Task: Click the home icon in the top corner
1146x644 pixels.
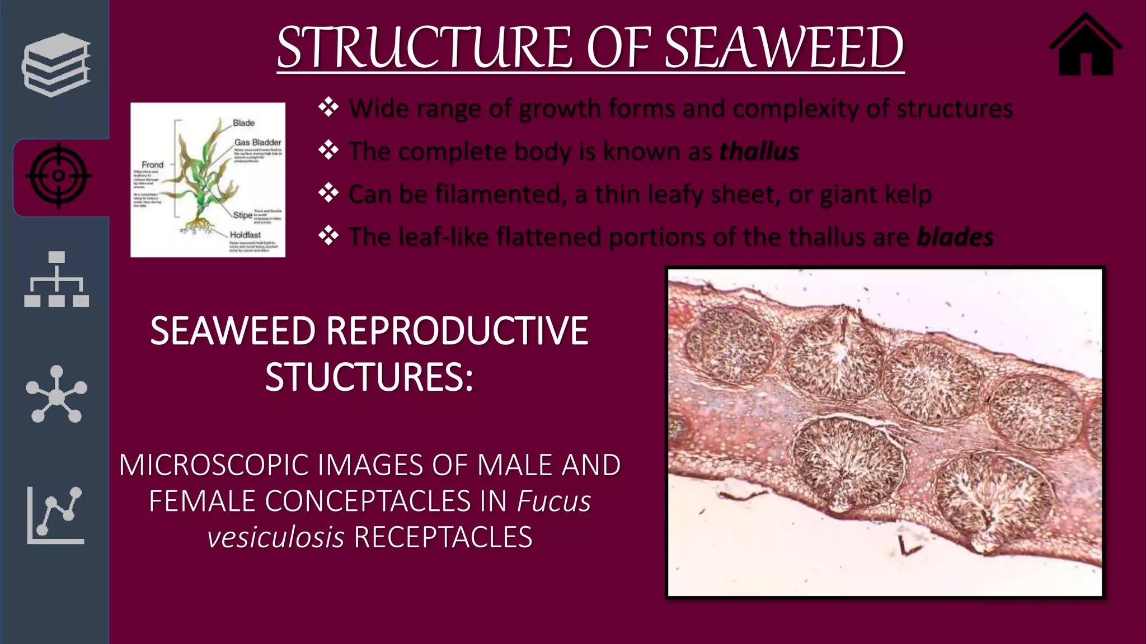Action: [x=1085, y=46]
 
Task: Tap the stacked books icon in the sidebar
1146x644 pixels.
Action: [x=56, y=64]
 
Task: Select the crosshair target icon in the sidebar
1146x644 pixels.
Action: [x=58, y=176]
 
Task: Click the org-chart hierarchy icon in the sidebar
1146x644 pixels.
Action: [x=57, y=280]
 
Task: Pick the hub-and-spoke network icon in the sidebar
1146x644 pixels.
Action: [x=57, y=394]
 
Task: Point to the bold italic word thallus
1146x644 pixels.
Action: [x=759, y=151]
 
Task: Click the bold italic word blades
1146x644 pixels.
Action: [x=955, y=237]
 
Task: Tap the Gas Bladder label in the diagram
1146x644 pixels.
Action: [x=257, y=143]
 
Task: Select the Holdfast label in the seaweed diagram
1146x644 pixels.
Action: [x=245, y=235]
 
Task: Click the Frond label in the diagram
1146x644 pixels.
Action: [x=152, y=165]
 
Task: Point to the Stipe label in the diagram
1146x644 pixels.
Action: [x=242, y=215]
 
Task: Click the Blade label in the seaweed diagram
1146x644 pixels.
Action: [x=243, y=123]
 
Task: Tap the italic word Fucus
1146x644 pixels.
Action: [x=554, y=501]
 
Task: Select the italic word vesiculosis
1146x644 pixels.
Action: [x=276, y=538]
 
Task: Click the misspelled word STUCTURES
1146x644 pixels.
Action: [x=369, y=377]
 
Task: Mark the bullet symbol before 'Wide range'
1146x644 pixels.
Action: [x=328, y=107]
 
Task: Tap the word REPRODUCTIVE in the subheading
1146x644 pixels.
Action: [x=457, y=331]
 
